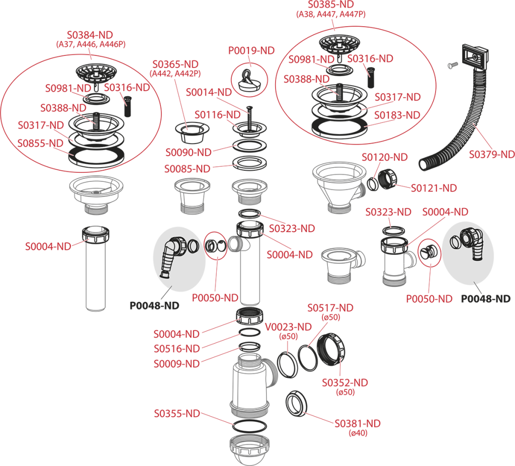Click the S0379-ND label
pyautogui.click(x=491, y=154)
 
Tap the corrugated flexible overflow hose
pyautogui.click(x=460, y=131)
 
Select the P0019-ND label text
pyautogui.click(x=251, y=51)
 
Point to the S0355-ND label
pyautogui.click(x=177, y=414)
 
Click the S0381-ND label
pyautogui.click(x=358, y=424)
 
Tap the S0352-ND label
pyautogui.click(x=345, y=383)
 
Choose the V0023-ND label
pyautogui.click(x=288, y=327)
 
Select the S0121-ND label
pyautogui.click(x=434, y=188)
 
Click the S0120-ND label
pyautogui.click(x=385, y=157)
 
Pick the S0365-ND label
pyautogui.click(x=176, y=64)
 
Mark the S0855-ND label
pyautogui.click(x=40, y=144)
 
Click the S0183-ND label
pyautogui.click(x=397, y=115)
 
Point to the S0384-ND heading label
pyautogui.click(x=90, y=35)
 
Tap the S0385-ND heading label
pyautogui.click(x=331, y=5)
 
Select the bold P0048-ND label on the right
pyautogui.click(x=486, y=299)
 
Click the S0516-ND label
pyautogui.click(x=177, y=349)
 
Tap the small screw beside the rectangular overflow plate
pyautogui.click(x=453, y=65)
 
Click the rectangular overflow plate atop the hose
pyautogui.click(x=475, y=56)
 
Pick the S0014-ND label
pyautogui.click(x=209, y=93)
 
